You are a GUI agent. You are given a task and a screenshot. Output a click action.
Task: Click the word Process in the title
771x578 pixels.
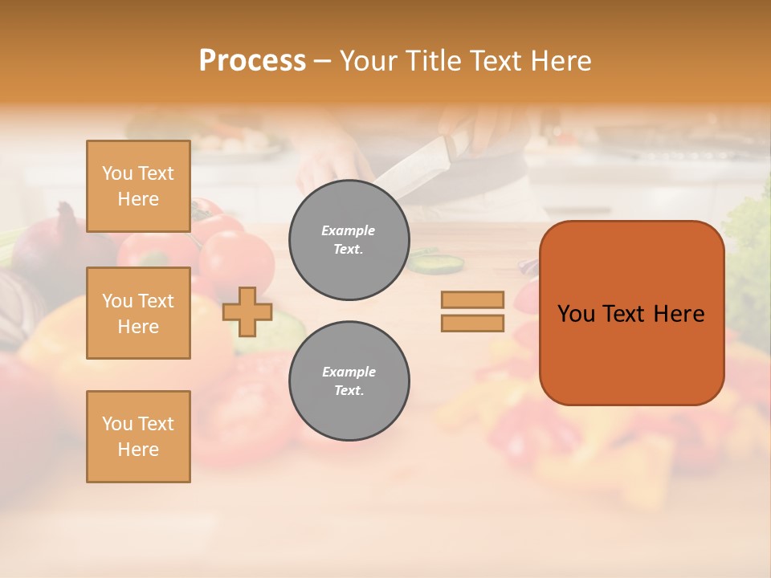(252, 60)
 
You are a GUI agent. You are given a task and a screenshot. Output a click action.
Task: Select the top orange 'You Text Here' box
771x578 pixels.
(138, 186)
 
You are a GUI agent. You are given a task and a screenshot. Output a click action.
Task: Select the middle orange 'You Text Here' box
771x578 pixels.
(138, 313)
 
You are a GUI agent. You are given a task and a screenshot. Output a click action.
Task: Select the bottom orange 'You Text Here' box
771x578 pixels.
(138, 437)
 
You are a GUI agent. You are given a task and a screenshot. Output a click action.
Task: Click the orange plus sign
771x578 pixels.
(247, 311)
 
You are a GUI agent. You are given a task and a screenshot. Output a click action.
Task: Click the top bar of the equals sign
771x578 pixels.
(472, 299)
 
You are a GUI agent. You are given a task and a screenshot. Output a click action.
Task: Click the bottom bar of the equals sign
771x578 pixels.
(472, 323)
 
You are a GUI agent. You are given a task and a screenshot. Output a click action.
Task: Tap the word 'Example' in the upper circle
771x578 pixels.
(349, 230)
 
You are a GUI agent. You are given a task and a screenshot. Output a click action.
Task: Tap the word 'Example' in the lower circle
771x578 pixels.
(349, 372)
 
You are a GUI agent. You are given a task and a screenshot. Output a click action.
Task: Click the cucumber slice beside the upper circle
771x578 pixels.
(439, 262)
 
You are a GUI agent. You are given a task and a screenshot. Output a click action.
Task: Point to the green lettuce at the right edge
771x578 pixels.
(752, 241)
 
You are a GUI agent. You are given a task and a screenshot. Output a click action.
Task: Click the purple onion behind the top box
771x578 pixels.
(52, 241)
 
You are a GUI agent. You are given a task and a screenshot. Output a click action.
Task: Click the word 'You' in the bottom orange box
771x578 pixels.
(117, 424)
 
